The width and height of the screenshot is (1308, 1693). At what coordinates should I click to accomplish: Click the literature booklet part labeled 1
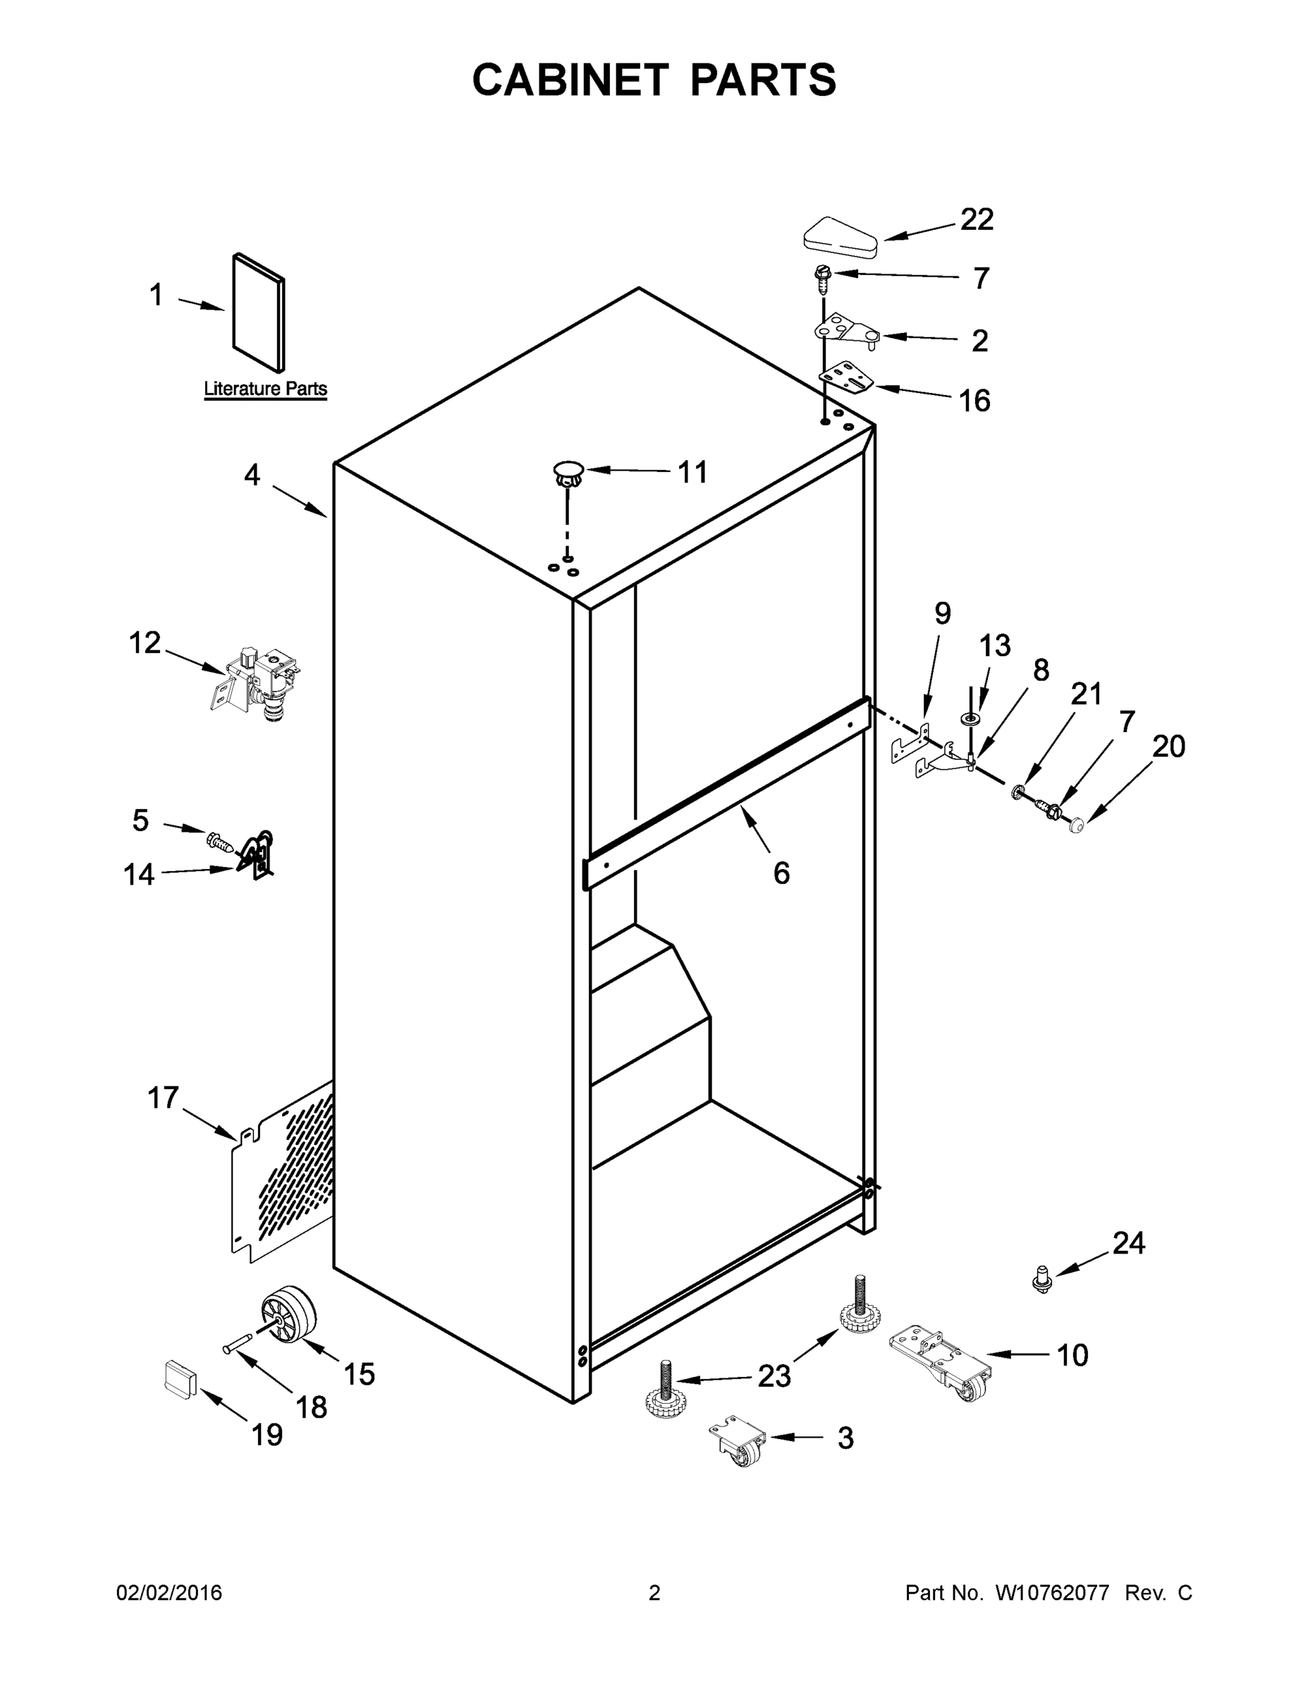259,312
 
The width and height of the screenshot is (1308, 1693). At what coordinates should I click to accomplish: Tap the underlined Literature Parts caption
265,389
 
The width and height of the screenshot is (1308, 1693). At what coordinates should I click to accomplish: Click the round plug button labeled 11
569,472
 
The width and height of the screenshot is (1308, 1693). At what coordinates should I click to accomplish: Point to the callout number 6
781,873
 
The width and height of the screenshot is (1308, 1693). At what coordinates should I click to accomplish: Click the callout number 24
1128,1243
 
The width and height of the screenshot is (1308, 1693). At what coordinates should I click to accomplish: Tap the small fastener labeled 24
1044,1278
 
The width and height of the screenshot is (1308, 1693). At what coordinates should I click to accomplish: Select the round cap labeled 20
1075,827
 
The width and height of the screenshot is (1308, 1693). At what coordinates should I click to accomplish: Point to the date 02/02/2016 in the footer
169,1593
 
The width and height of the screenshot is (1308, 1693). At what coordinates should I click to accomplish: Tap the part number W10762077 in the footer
1051,1593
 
